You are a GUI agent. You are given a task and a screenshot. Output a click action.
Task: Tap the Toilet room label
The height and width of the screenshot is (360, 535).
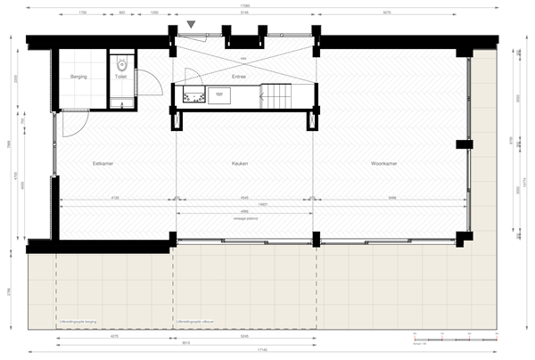(121, 78)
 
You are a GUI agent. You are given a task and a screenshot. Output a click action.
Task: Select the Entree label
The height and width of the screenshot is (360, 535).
(238, 78)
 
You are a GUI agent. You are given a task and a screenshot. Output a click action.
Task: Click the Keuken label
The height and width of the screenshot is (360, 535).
(239, 164)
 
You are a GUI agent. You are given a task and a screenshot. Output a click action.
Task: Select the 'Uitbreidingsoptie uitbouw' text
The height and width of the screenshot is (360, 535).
(194, 323)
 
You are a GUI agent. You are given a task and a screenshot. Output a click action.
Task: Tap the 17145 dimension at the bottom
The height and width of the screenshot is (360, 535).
(259, 348)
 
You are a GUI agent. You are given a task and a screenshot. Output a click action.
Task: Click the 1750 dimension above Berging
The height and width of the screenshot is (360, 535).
(82, 13)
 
